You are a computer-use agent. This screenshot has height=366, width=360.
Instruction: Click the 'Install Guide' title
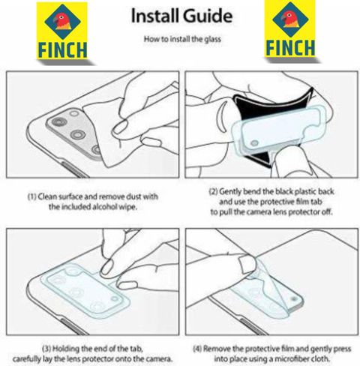[x=181, y=16]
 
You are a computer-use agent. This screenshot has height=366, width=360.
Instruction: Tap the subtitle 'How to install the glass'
[x=182, y=39]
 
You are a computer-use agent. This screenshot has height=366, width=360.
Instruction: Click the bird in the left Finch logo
[x=62, y=21]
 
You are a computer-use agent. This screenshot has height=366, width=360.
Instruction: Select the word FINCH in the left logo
[x=62, y=50]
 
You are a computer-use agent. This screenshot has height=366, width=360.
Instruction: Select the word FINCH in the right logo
[x=290, y=48]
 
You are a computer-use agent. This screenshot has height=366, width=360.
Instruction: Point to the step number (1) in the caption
[x=31, y=196]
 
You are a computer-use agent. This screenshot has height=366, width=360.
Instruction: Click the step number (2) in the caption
[x=213, y=192]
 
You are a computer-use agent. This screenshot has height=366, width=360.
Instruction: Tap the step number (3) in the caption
[x=46, y=349]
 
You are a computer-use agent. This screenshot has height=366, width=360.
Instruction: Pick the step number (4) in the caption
[x=197, y=349]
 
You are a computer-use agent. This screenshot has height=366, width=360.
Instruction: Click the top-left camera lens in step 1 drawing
[x=59, y=122]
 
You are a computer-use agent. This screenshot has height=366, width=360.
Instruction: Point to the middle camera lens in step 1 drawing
[x=78, y=134]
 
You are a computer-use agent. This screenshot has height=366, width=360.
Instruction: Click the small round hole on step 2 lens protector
[x=254, y=143]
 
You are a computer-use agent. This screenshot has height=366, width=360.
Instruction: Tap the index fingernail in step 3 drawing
[x=107, y=267]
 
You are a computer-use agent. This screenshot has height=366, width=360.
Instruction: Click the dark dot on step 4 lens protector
[x=293, y=298]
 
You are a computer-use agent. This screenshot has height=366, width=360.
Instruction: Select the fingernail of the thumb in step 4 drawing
[x=246, y=264]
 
